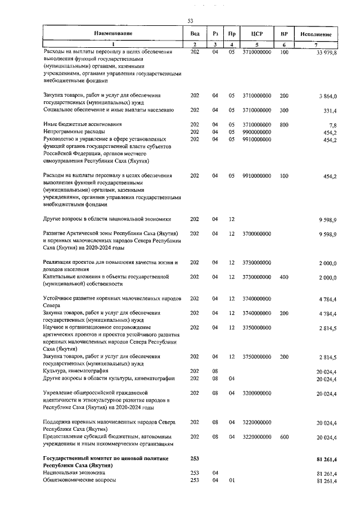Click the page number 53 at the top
[x=190, y=21]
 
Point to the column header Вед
[x=195, y=34]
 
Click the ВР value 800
[x=284, y=124]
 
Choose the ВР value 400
[x=284, y=277]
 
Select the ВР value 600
[x=284, y=436]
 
